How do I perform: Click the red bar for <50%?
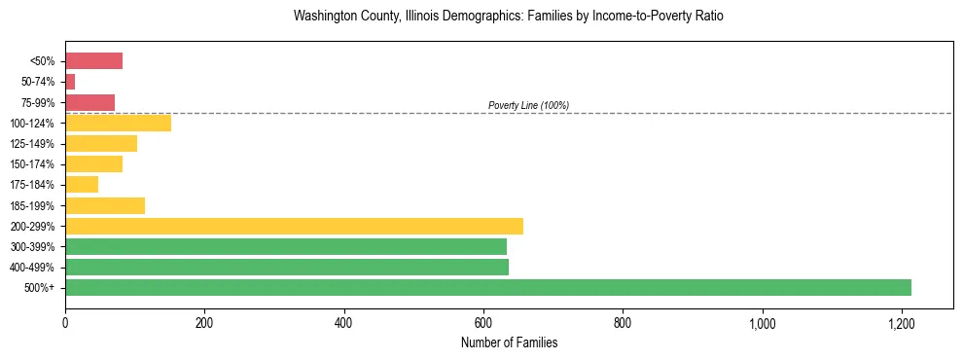click(x=93, y=61)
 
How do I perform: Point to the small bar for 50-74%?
click(x=70, y=82)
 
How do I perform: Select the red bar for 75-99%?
click(x=89, y=102)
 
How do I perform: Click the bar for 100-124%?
click(x=118, y=123)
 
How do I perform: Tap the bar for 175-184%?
click(x=82, y=184)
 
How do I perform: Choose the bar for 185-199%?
click(x=105, y=205)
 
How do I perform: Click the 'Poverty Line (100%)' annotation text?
click(x=528, y=105)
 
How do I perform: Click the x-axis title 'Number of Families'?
click(x=509, y=342)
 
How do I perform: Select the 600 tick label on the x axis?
click(x=483, y=322)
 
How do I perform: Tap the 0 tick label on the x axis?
click(x=65, y=322)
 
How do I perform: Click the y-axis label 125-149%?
click(x=32, y=144)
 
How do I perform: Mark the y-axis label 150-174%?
click(x=32, y=164)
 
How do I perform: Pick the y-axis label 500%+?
click(x=40, y=288)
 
